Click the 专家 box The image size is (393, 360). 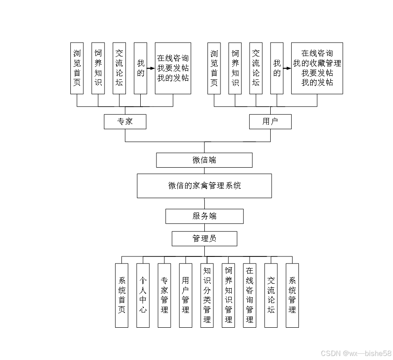coord(125,121)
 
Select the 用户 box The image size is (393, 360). coord(270,121)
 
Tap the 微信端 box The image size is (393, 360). coord(204,160)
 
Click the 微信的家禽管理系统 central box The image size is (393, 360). coord(204,186)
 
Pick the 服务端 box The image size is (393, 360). coord(204,216)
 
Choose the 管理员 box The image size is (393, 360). coord(204,239)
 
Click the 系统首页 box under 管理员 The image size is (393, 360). coord(121,295)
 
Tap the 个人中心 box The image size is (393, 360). coord(143,295)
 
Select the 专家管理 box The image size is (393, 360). coord(164,295)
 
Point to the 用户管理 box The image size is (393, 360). coord(186,295)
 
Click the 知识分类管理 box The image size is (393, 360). coord(207,295)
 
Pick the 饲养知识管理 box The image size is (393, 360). coord(228,295)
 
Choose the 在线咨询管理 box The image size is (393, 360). coord(250,295)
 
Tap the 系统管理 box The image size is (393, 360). coord(292,295)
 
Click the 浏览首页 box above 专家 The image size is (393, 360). coord(77,68)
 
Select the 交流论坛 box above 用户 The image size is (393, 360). coord(256,68)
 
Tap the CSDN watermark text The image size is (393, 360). coord(356,353)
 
